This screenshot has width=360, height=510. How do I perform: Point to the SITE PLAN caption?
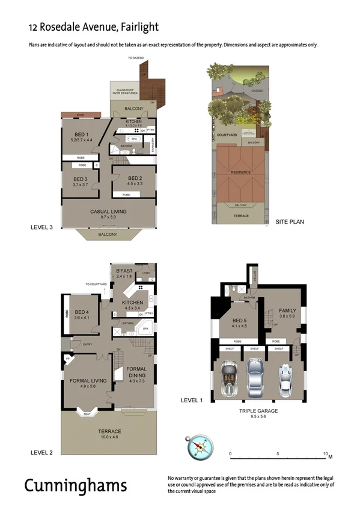pyautogui.click(x=290, y=222)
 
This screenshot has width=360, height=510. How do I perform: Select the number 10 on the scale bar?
pyautogui.click(x=326, y=453)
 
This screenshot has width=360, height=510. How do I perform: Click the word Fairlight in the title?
pyautogui.click(x=139, y=27)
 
